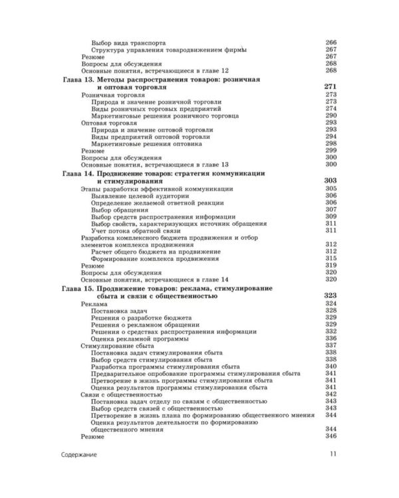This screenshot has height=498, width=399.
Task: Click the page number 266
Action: pos(331,42)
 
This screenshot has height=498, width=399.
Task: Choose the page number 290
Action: pos(331,116)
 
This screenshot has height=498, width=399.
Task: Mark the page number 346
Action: pos(331,437)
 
